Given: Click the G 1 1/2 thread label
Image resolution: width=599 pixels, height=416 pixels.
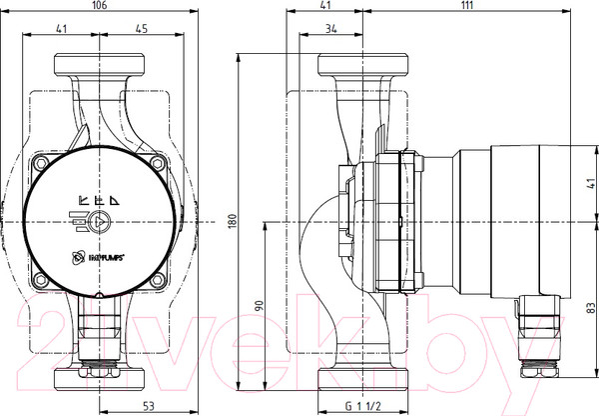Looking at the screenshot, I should point(360,406).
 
